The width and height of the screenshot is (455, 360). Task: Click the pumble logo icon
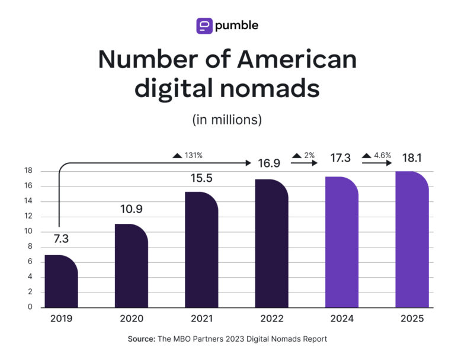[x=204, y=25]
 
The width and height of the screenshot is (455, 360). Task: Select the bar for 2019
[x=61, y=282]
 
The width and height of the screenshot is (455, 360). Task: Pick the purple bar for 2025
[x=412, y=240]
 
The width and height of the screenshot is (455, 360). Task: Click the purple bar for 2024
[x=342, y=243]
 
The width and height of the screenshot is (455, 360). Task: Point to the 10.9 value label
[x=131, y=209]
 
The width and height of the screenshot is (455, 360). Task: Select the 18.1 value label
[x=412, y=159]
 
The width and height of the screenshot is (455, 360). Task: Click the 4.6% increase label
[x=379, y=156]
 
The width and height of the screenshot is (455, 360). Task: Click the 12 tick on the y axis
[x=28, y=217]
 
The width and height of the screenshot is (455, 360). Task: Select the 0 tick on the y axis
[x=30, y=307]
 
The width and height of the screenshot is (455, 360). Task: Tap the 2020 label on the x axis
[x=132, y=319]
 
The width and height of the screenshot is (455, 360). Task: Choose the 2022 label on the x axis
[x=271, y=319]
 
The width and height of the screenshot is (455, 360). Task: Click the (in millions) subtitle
[x=227, y=119]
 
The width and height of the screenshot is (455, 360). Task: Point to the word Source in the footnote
[x=141, y=339]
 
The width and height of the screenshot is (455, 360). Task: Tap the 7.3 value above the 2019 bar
[x=61, y=240]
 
